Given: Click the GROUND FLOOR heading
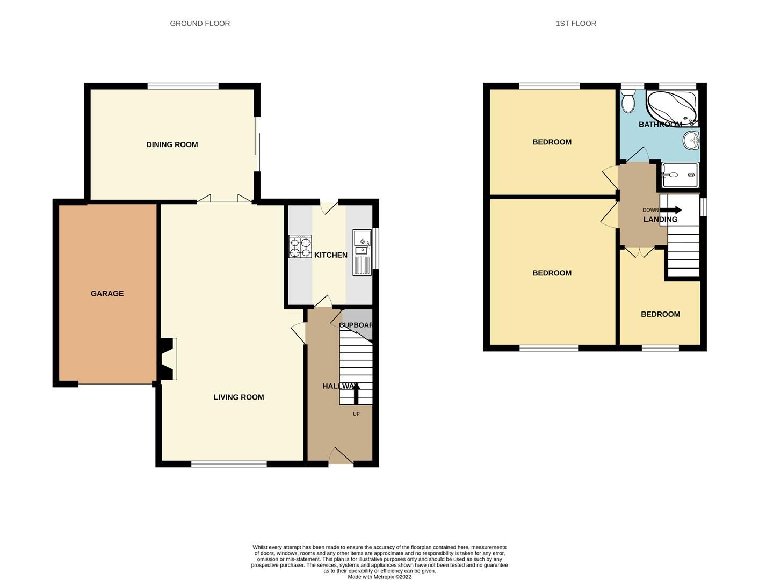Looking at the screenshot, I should [200, 24].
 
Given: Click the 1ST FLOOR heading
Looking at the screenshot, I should [576, 24].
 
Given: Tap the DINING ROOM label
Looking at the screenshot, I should [172, 144].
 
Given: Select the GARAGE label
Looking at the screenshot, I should [107, 293].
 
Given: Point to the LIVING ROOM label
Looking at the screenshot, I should [238, 397].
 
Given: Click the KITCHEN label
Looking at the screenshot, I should [330, 255].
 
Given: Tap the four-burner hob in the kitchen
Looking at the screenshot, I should [300, 247].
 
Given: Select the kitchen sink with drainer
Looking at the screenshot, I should [362, 252].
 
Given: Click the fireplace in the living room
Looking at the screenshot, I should [168, 359].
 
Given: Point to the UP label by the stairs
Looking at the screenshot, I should [356, 414].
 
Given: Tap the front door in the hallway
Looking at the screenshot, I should [341, 456].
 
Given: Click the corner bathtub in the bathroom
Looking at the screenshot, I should [673, 106].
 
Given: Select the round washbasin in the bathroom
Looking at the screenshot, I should [691, 141].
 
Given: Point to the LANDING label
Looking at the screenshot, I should [660, 220].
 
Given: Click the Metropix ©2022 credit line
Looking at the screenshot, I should [379, 577].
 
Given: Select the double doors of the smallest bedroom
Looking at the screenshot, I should [639, 251].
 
